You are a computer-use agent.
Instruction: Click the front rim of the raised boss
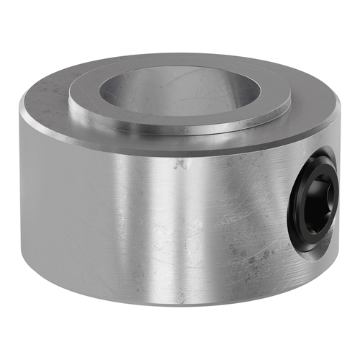pos(180,130)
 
